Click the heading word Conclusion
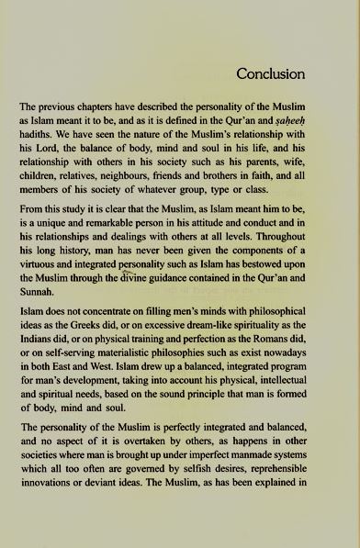coord(270,73)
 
